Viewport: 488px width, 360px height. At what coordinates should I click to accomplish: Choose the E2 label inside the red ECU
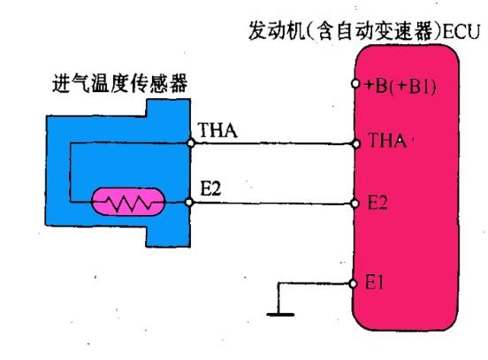[377, 203]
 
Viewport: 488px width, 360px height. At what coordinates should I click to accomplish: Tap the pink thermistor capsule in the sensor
[132, 203]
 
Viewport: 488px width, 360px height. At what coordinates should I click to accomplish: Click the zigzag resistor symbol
[132, 204]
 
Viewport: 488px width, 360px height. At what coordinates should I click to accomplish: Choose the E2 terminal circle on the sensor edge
[190, 203]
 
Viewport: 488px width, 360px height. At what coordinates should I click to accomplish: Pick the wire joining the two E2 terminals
[274, 203]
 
